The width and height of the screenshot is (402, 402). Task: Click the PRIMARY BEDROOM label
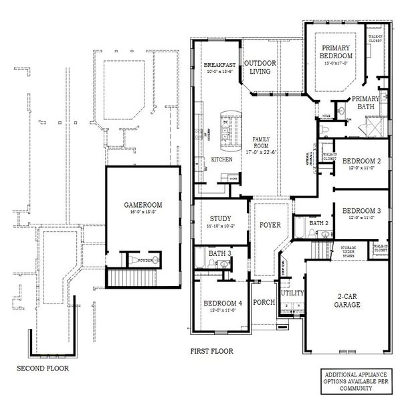tap(336, 52)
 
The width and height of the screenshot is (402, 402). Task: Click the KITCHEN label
tap(221, 160)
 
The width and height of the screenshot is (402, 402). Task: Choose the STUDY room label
tap(220, 218)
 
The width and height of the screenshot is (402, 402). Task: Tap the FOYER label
tap(270, 224)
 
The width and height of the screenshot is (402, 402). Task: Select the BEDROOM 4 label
tap(222, 303)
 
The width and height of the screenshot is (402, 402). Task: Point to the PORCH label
tap(265, 302)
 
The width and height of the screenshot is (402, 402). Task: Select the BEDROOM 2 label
tap(362, 161)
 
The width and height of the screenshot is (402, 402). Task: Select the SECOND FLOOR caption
tap(41, 368)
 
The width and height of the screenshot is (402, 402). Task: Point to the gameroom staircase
tap(131, 277)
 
